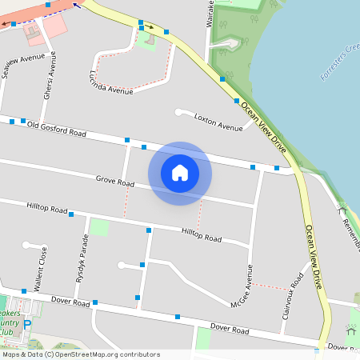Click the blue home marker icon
[180, 172]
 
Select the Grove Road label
[114, 183]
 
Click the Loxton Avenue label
[218, 122]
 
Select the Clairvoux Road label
[292, 297]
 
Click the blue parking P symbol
[27, 325]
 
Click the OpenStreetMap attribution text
[80, 354]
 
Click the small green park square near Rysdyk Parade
[98, 227]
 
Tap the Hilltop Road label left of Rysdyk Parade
[47, 209]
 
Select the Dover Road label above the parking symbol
[70, 302]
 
